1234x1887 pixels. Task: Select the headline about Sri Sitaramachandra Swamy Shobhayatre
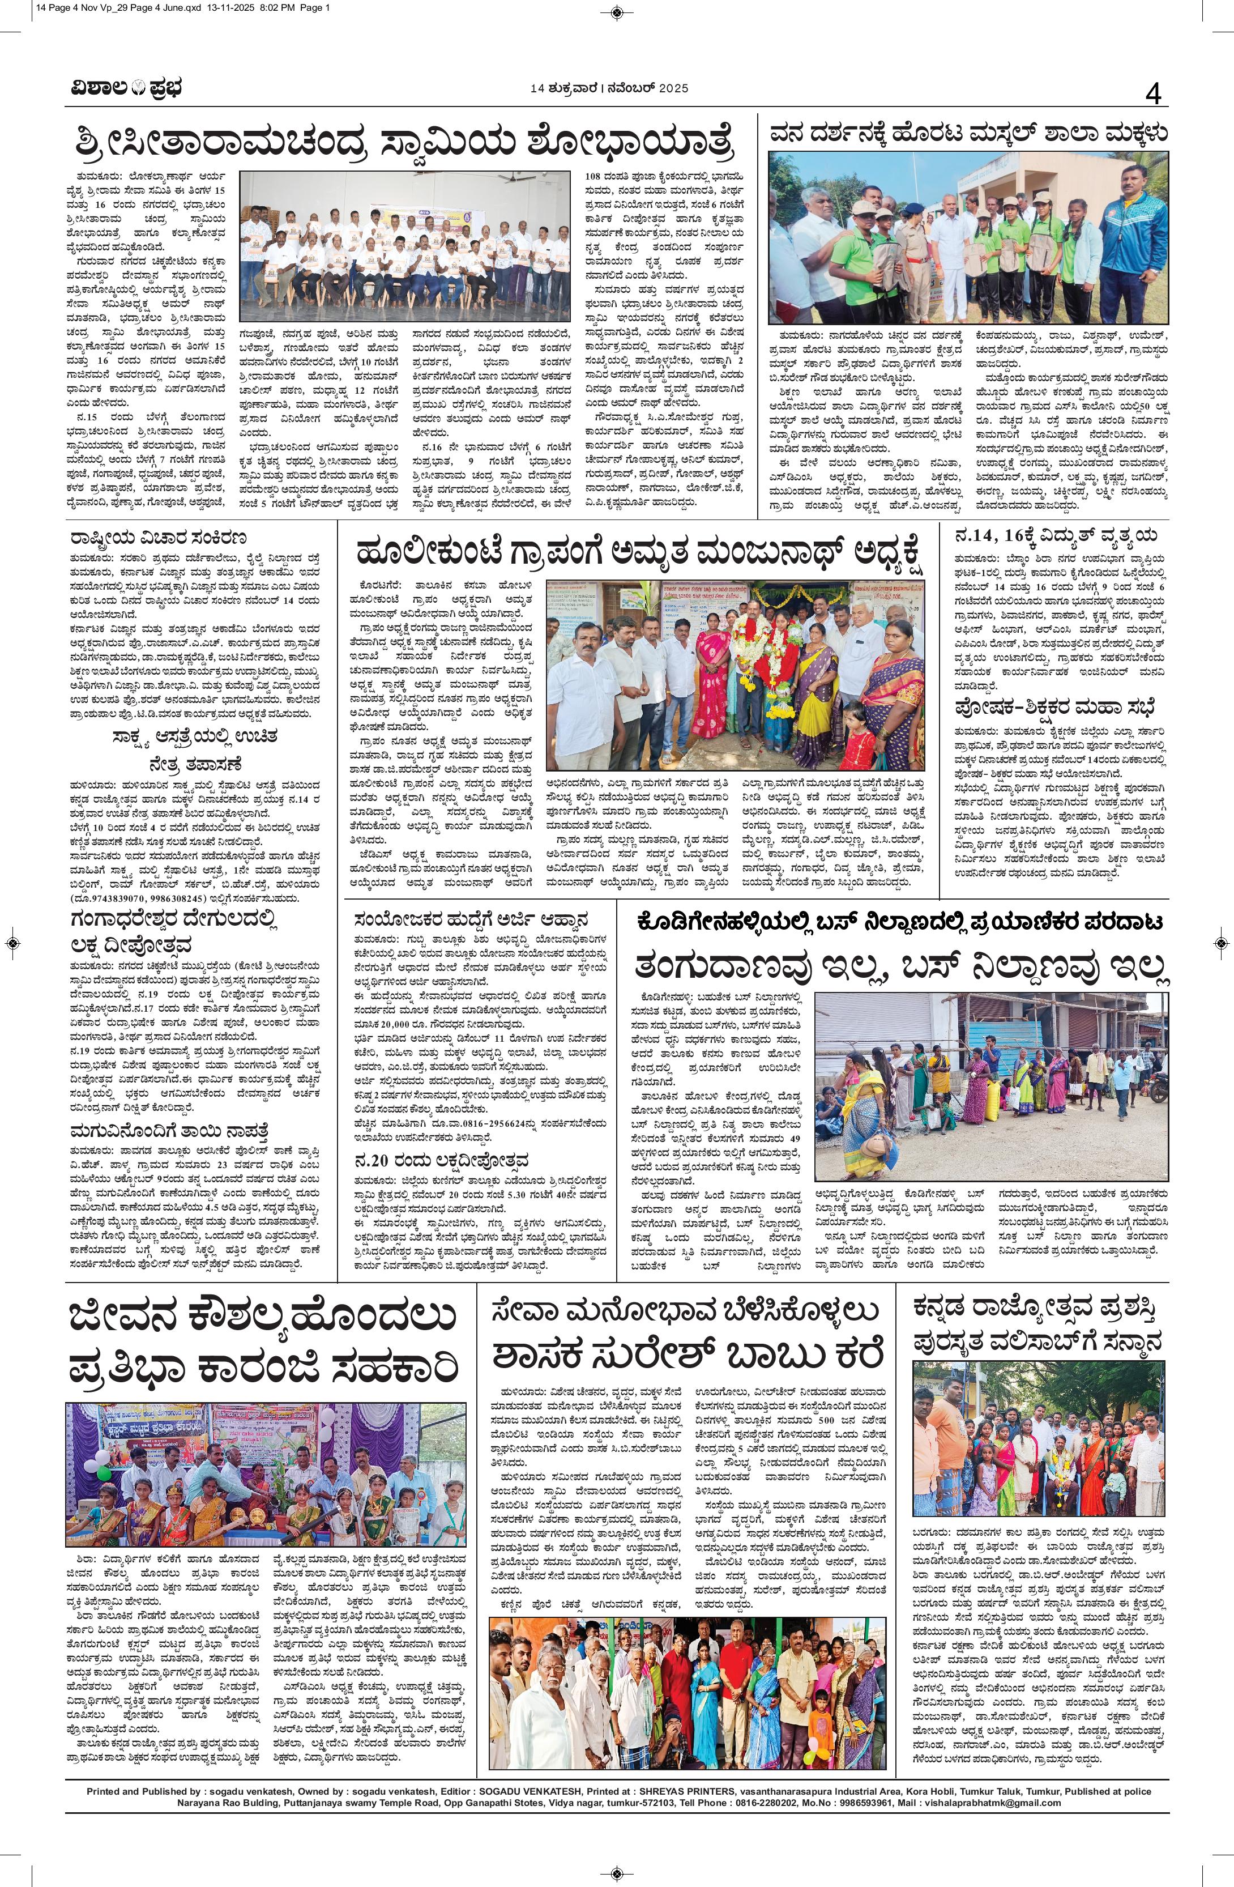pyautogui.click(x=400, y=143)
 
